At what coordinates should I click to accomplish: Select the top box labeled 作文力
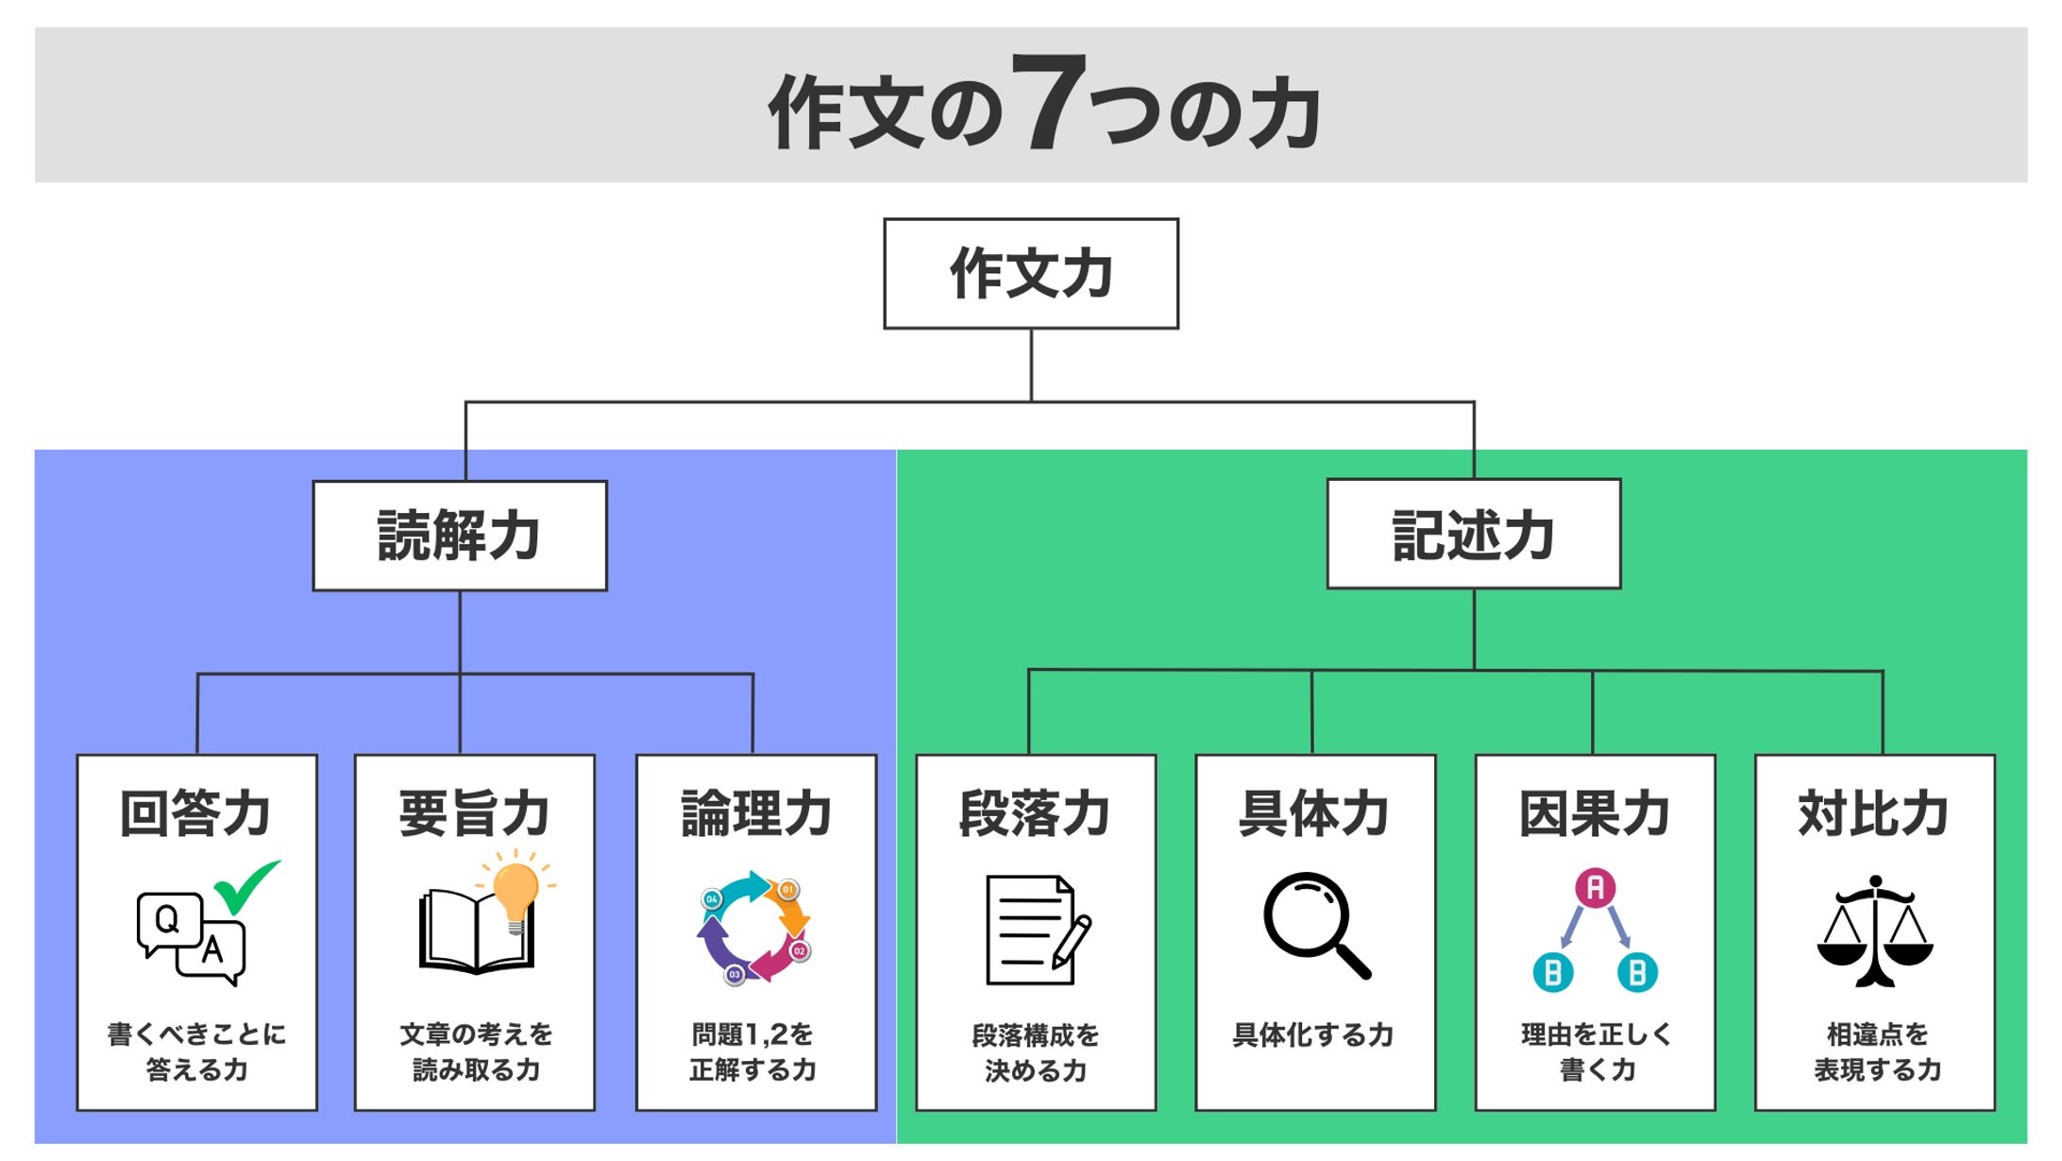coord(1030,274)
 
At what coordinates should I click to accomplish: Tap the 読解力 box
coord(459,536)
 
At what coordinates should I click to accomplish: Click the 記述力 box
coord(1473,535)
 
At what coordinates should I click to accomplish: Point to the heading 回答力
coord(195,813)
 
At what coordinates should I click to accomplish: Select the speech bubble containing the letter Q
coord(168,920)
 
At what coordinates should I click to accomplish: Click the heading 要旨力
coord(474,813)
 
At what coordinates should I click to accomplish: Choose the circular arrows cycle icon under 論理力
coord(753,928)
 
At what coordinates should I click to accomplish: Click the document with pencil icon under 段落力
coord(1035,931)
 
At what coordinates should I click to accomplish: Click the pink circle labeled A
coord(1595,888)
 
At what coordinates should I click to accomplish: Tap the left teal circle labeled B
coord(1553,972)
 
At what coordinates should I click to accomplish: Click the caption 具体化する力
coord(1313,1035)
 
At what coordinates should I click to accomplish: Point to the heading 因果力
coord(1595,813)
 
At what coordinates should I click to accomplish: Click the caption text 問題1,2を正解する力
coord(753,1051)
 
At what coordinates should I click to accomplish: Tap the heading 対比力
coord(1874,813)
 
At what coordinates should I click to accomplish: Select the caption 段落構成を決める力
coord(1036,1052)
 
